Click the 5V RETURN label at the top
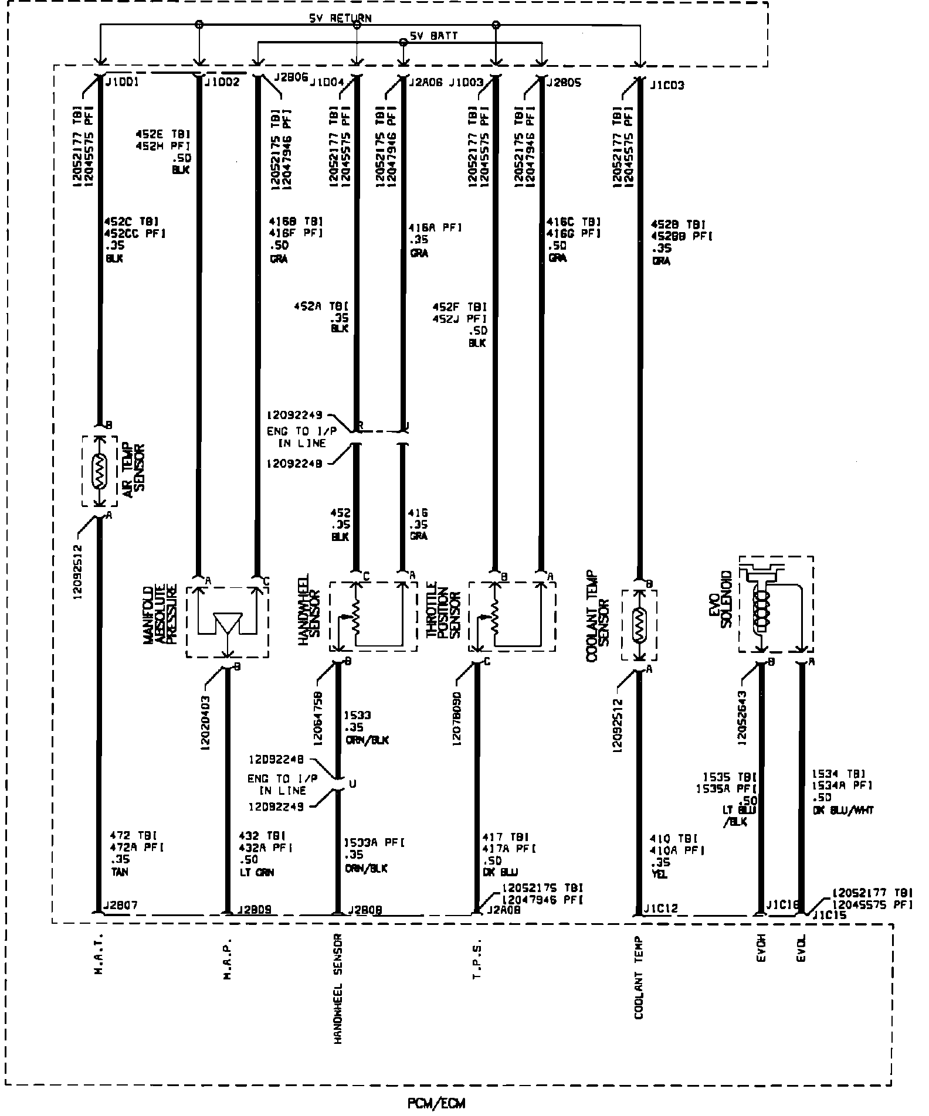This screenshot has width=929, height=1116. click(x=340, y=18)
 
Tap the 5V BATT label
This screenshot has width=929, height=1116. click(x=433, y=36)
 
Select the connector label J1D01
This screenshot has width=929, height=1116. click(x=121, y=83)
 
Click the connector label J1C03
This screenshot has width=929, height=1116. click(x=667, y=86)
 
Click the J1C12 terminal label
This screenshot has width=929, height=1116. click(x=660, y=909)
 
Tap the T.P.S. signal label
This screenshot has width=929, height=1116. click(x=476, y=958)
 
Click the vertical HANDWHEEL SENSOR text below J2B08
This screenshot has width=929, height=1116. click(x=338, y=997)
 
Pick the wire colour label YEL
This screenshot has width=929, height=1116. click(x=658, y=875)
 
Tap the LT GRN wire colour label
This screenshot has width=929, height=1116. click(x=256, y=872)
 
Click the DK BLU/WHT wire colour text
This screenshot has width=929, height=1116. click(x=843, y=810)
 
